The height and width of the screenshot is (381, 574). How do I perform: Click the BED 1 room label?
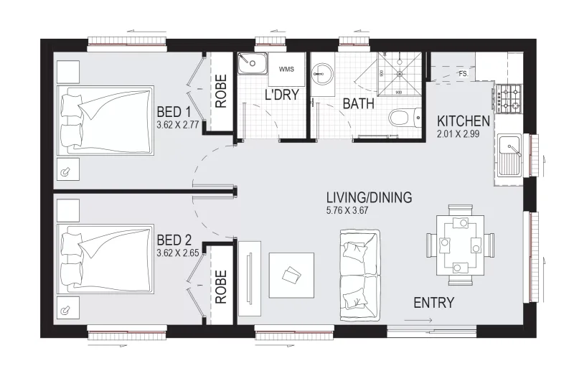tap(174, 112)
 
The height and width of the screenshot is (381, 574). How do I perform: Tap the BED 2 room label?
tap(174, 240)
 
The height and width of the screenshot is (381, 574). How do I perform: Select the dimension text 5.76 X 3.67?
tap(347, 210)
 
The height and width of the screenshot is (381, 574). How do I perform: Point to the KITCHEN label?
tap(464, 121)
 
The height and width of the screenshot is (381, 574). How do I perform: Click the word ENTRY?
tap(434, 303)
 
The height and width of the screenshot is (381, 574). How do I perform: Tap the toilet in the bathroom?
tap(405, 118)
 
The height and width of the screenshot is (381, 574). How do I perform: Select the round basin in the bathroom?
tap(322, 75)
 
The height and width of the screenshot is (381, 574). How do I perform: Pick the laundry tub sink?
tap(252, 63)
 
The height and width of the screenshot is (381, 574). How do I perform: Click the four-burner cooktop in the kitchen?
tap(509, 98)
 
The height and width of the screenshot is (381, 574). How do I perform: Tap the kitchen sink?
tap(509, 155)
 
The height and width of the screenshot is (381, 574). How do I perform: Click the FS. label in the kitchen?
tap(464, 74)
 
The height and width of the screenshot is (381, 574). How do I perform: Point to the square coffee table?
tap(291, 276)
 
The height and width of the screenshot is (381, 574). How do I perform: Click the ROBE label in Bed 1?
tap(221, 92)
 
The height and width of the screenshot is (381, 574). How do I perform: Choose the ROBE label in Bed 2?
tap(221, 287)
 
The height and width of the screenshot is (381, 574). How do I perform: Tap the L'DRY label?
tap(282, 95)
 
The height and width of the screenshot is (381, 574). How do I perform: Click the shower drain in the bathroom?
tap(400, 74)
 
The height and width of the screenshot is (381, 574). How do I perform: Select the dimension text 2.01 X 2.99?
tap(458, 134)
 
